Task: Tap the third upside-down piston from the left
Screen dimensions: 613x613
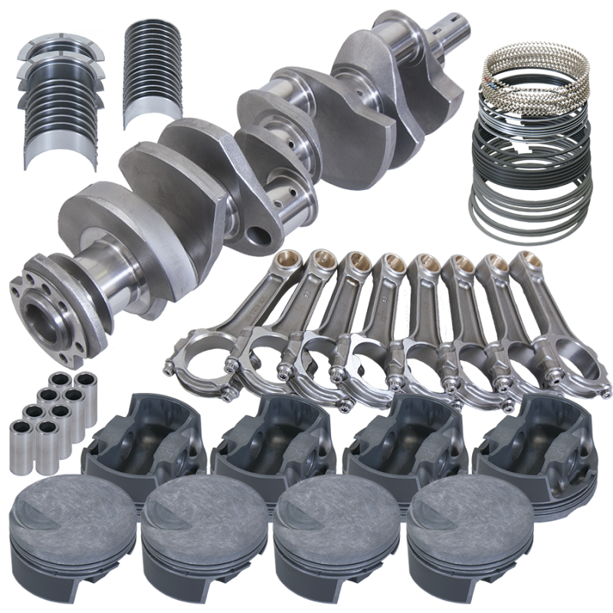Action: pos(398,441)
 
